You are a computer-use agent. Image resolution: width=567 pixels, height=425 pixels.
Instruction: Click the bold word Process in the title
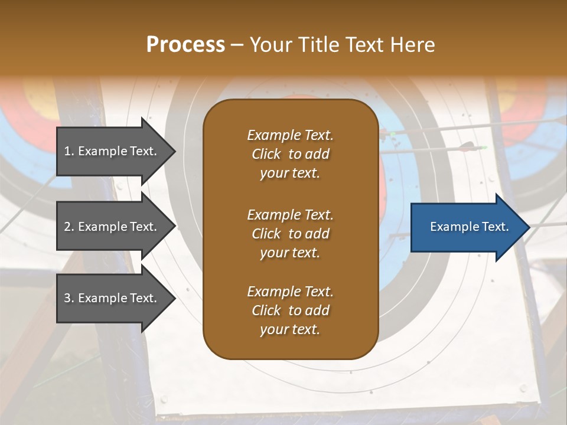click(185, 45)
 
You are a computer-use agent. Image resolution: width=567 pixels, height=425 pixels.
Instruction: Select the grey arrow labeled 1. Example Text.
click(112, 151)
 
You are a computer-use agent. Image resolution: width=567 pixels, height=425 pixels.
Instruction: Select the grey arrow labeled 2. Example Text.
click(112, 227)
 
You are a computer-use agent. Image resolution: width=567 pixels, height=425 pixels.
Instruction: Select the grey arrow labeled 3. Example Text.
click(112, 298)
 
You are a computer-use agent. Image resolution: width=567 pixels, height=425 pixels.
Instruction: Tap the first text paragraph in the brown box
click(290, 154)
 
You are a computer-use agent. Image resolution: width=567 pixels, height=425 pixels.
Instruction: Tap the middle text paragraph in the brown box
click(290, 234)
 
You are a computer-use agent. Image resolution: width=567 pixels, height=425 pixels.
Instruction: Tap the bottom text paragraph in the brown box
click(290, 310)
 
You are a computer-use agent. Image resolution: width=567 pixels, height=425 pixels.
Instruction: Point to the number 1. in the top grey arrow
click(69, 151)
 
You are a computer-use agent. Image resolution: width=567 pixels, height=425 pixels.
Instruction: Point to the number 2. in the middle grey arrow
click(69, 227)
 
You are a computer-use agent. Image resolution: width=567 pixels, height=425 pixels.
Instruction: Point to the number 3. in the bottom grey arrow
click(69, 298)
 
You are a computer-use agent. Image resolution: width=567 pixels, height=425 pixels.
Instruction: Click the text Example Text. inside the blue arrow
click(469, 227)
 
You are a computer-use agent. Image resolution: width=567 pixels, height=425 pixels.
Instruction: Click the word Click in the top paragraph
click(266, 154)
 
